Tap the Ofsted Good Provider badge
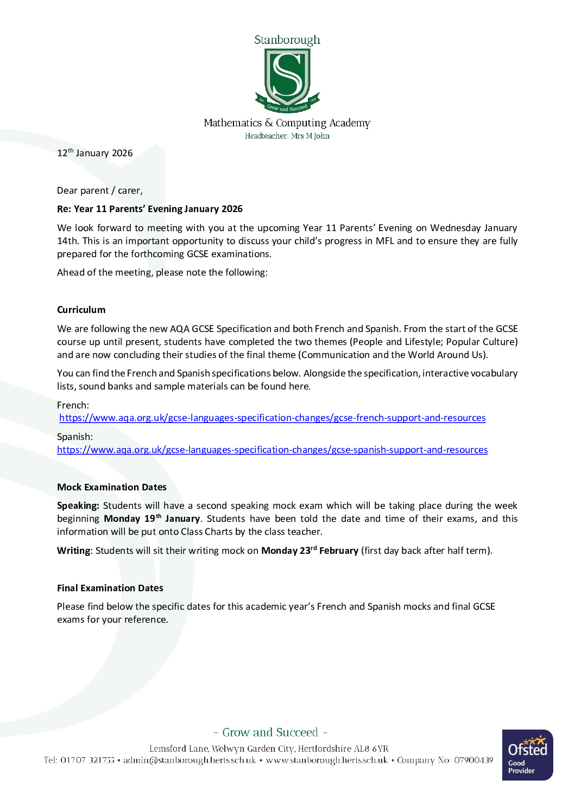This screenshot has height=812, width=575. tap(527, 755)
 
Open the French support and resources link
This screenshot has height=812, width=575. tap(272, 418)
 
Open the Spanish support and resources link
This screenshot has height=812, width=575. tap(272, 450)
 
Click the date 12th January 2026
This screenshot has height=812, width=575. tap(95, 153)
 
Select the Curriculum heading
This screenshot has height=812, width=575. tap(81, 310)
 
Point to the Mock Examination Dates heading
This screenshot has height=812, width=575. tap(112, 487)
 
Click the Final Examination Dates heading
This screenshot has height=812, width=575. tap(110, 588)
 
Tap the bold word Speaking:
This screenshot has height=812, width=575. tap(78, 506)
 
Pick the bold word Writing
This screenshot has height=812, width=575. tap(73, 551)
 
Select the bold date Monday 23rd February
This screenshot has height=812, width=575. tap(309, 551)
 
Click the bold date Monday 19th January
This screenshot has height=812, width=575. tap(152, 519)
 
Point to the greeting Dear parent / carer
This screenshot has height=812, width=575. tap(100, 190)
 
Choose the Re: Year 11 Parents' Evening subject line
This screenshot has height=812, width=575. tap(150, 209)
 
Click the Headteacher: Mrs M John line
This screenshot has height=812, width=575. tap(287, 136)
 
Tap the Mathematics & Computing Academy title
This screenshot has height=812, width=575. tap(287, 123)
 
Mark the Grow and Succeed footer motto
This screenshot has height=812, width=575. tap(270, 732)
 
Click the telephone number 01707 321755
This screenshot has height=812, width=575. tap(87, 760)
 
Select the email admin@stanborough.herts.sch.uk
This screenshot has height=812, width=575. tap(189, 760)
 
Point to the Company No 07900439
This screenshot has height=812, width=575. tap(445, 760)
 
